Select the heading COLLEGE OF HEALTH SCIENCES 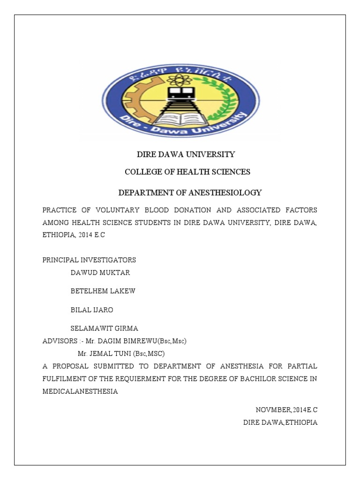(x=187, y=172)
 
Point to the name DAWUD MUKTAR (x=100, y=272)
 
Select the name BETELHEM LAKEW (x=103, y=291)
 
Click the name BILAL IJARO (x=92, y=310)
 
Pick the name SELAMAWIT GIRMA (x=104, y=329)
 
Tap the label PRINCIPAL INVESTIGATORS (x=89, y=260)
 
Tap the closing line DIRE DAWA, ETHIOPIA (x=280, y=422)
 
